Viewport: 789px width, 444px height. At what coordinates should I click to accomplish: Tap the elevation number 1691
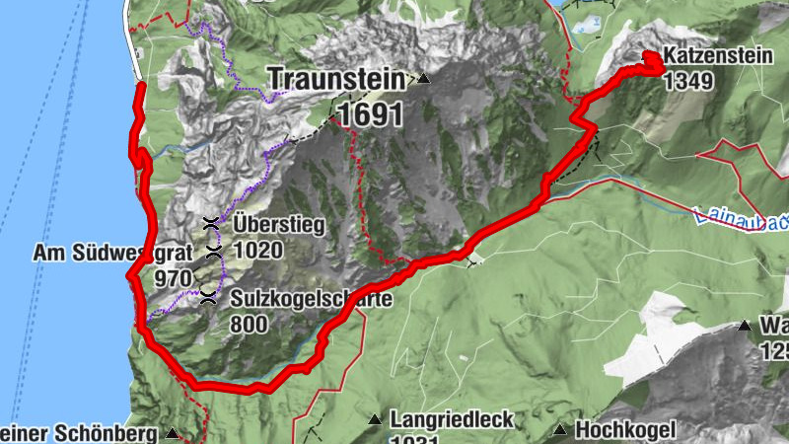pyautogui.click(x=370, y=114)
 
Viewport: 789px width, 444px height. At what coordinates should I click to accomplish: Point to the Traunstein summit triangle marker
pyautogui.click(x=424, y=78)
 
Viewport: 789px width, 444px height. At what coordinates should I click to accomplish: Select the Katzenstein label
pyautogui.click(x=718, y=58)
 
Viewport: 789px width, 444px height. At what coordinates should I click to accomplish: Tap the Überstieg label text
pyautogui.click(x=279, y=225)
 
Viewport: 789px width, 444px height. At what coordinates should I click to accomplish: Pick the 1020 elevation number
pyautogui.click(x=258, y=250)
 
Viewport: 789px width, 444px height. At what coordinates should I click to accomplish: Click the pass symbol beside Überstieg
pyautogui.click(x=209, y=224)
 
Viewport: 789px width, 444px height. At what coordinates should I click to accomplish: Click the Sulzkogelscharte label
pyautogui.click(x=312, y=299)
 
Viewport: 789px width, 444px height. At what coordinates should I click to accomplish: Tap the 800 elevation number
pyautogui.click(x=250, y=323)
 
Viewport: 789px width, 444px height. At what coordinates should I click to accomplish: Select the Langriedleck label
pyautogui.click(x=452, y=420)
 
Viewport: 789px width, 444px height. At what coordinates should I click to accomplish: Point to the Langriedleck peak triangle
pyautogui.click(x=375, y=420)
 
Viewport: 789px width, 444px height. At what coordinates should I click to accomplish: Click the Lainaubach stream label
pyautogui.click(x=740, y=218)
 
